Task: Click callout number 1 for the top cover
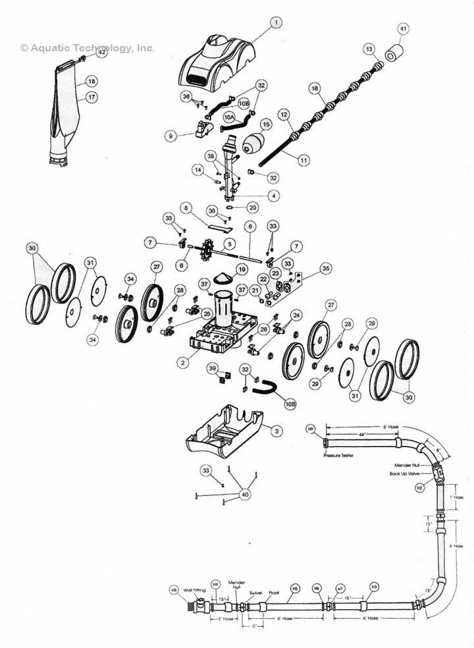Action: click(x=276, y=22)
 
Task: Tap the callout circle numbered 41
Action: click(x=403, y=28)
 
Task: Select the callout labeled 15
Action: click(x=266, y=124)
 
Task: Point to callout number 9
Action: click(x=171, y=136)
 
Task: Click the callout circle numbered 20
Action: click(x=253, y=206)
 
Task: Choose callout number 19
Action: click(x=242, y=269)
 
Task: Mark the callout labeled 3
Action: click(x=276, y=430)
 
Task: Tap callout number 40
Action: click(x=245, y=494)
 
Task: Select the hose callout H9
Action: click(x=311, y=429)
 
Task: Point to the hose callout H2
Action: click(x=419, y=488)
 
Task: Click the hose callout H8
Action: click(x=174, y=590)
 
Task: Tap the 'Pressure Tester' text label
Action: click(x=339, y=455)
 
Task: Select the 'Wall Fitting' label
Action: click(x=195, y=590)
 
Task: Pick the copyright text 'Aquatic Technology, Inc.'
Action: click(x=87, y=47)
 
